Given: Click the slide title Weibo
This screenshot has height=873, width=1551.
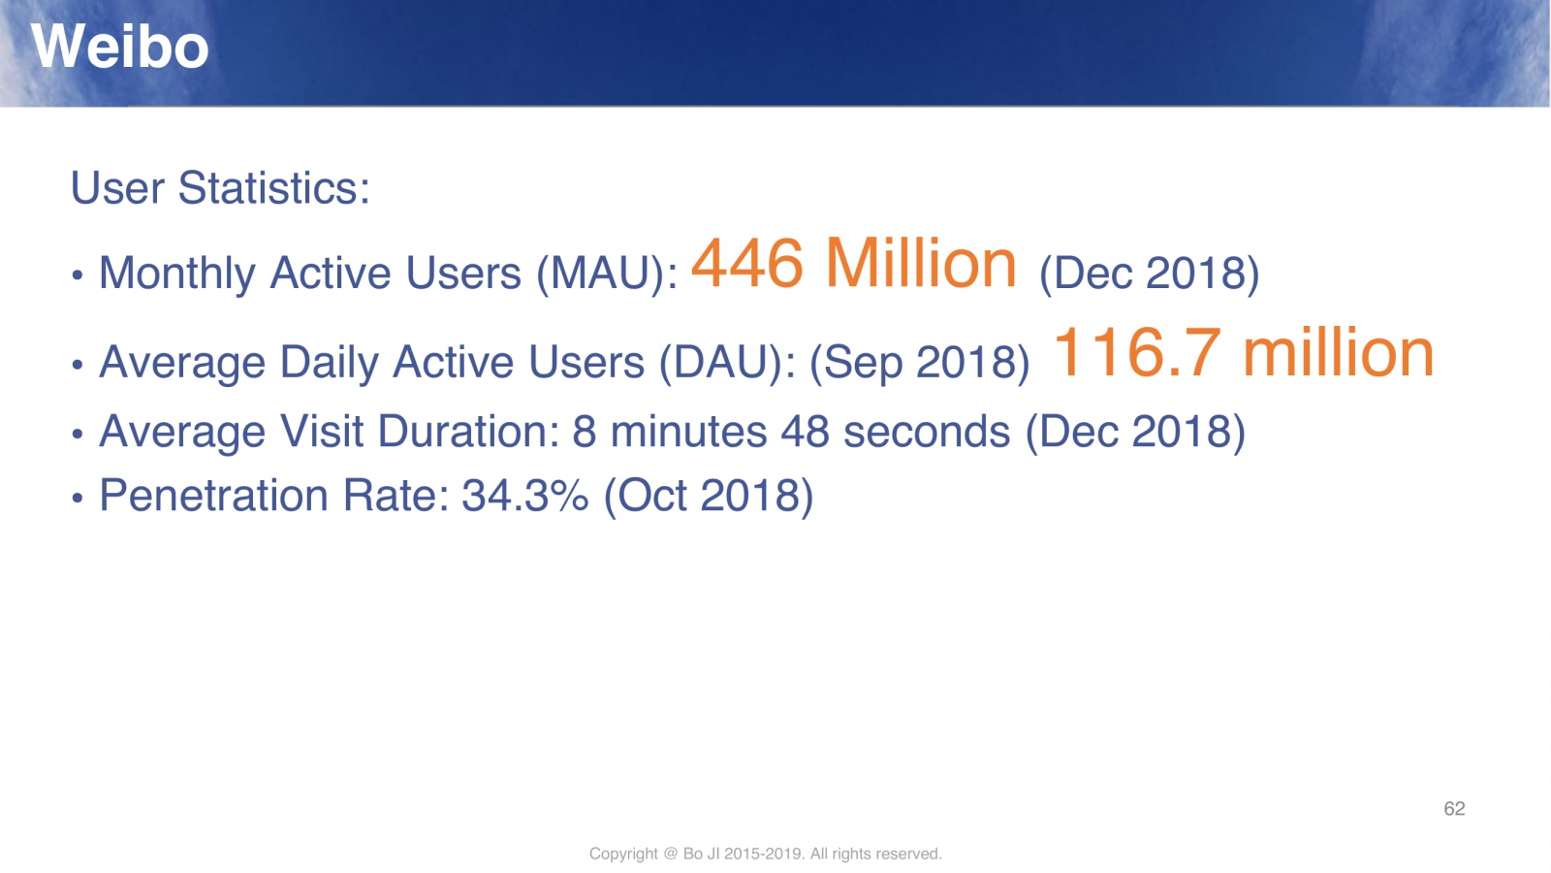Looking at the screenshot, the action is point(120,47).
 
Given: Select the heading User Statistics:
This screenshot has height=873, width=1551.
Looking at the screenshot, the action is point(220,188).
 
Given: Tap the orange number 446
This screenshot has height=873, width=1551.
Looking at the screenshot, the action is point(747,263).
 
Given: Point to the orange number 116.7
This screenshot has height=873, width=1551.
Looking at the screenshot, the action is point(1135,353).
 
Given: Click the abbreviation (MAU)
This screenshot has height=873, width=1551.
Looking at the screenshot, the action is point(601,273).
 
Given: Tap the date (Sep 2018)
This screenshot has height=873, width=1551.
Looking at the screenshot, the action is point(920,363).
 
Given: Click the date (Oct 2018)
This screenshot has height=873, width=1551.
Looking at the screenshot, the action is point(709,496).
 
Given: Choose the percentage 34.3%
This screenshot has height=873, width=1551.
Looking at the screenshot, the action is point(525,496).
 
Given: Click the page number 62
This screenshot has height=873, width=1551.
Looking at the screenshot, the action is point(1454,809).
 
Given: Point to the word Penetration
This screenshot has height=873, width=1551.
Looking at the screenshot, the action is point(214,496).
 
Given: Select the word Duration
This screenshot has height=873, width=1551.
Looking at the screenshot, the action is point(464,432).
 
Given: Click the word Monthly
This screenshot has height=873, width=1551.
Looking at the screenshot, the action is point(177,275).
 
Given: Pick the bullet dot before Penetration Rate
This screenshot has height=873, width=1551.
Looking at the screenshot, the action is point(77,498).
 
